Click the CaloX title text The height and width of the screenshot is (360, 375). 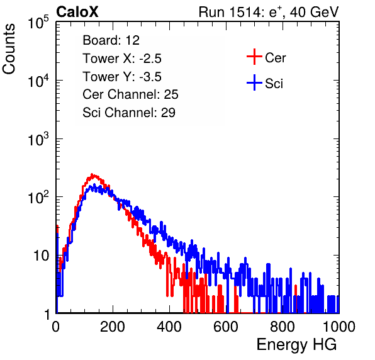pyautogui.click(x=77, y=12)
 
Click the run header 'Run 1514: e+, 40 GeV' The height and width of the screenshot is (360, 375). pyautogui.click(x=269, y=12)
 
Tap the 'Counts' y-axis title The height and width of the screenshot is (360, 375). pyautogui.click(x=9, y=49)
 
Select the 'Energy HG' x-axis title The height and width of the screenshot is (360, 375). pyautogui.click(x=296, y=345)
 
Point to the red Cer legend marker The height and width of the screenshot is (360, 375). pyautogui.click(x=254, y=57)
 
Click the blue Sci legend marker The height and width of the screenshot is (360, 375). pyautogui.click(x=254, y=82)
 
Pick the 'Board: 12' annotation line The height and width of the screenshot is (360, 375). pyautogui.click(x=111, y=40)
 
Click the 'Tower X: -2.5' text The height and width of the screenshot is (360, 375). pyautogui.click(x=122, y=59)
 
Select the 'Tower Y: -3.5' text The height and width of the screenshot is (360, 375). pyautogui.click(x=122, y=77)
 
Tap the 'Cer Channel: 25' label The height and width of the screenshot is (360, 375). pyautogui.click(x=130, y=94)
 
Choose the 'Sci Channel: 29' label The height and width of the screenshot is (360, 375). pyautogui.click(x=129, y=113)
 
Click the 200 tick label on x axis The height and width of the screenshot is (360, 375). pyautogui.click(x=113, y=327)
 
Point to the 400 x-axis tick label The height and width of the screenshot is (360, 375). pyautogui.click(x=169, y=327)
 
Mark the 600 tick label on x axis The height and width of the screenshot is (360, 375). pyautogui.click(x=226, y=327)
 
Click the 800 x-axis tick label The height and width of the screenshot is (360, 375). pyautogui.click(x=283, y=327)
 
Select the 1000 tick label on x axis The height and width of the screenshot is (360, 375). pyautogui.click(x=339, y=327)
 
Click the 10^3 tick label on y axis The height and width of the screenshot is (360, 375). pyautogui.click(x=38, y=139)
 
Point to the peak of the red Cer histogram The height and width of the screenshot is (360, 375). pyautogui.click(x=92, y=174)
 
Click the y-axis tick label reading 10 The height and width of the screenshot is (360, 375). pyautogui.click(x=41, y=256)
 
